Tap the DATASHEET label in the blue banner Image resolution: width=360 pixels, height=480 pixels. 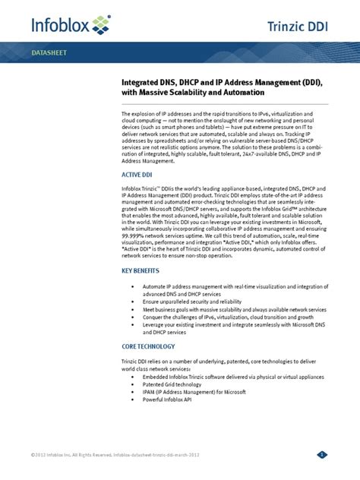pos(48,55)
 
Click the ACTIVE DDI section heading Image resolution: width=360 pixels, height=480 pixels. pos(137,174)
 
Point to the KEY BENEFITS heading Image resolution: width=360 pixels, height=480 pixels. pos(142,270)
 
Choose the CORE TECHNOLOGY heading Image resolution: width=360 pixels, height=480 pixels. pos(148,346)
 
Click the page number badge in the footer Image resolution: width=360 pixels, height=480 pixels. pos(322,455)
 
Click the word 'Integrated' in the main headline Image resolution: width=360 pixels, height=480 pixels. pos(142,80)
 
